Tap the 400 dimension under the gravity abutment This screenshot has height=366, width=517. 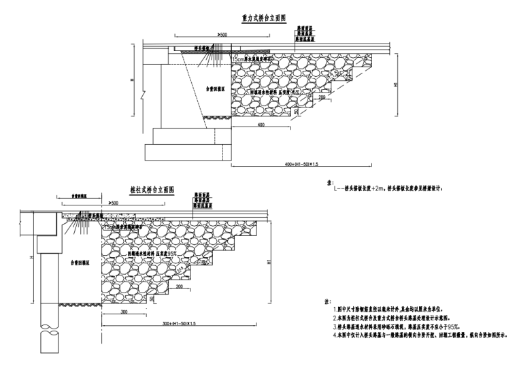261,125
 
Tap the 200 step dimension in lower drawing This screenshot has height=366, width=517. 180,287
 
